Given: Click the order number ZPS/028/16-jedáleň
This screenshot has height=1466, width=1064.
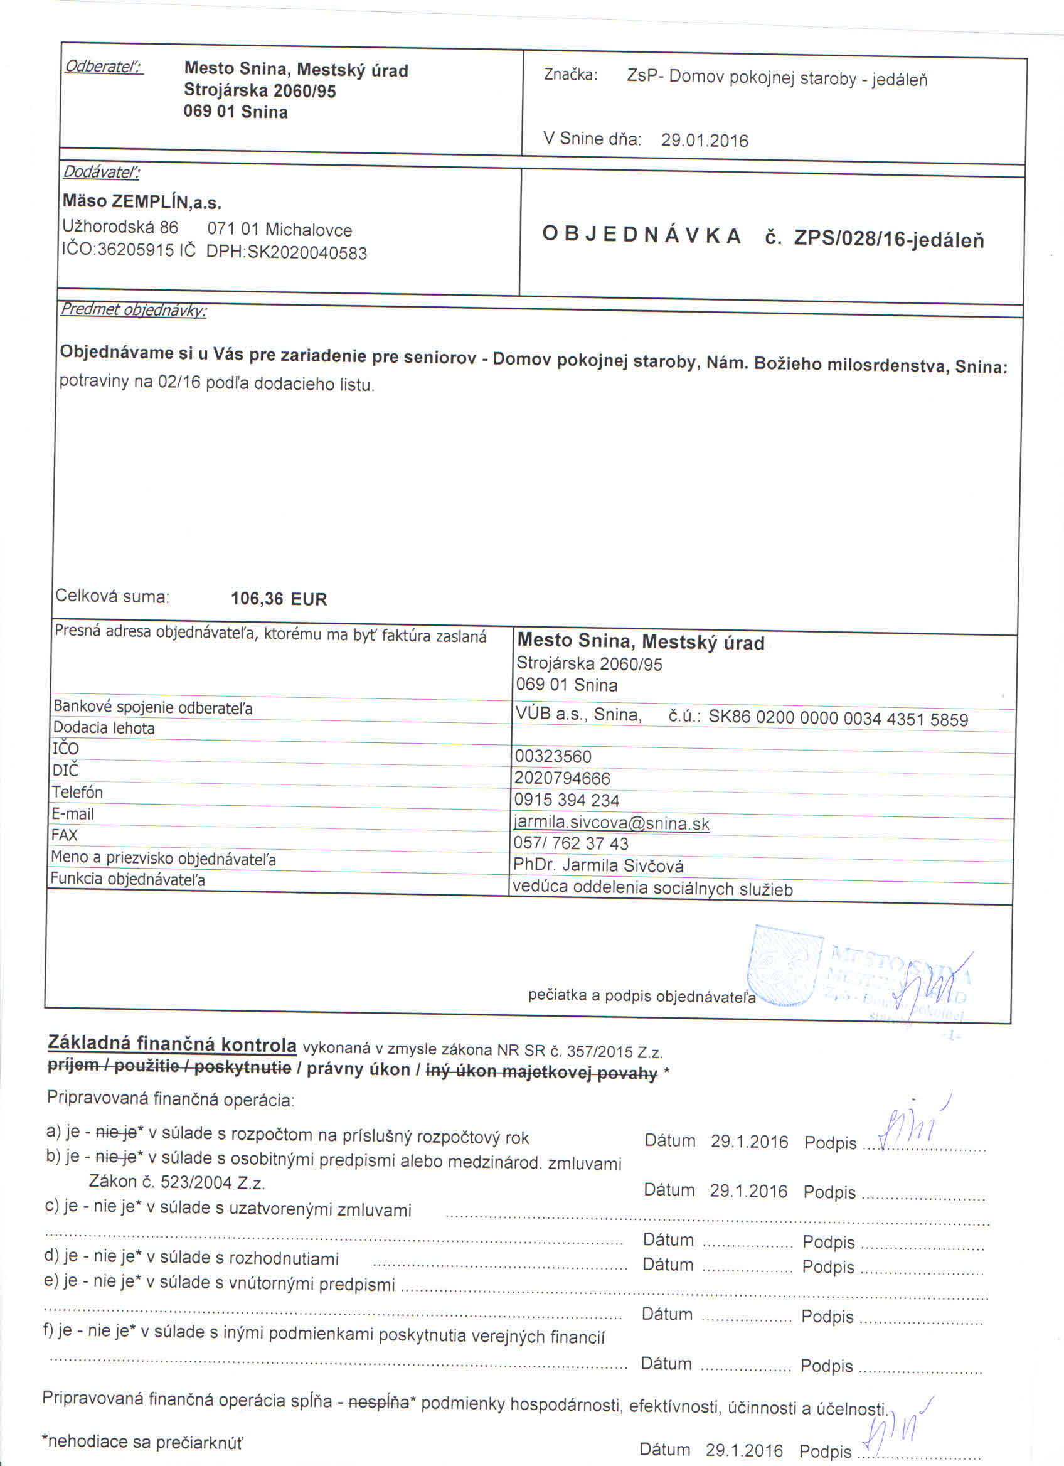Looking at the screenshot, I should pos(888,239).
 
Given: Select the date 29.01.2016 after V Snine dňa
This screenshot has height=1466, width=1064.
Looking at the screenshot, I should pos(704,141).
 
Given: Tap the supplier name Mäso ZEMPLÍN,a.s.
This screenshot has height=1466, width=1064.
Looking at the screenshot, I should pos(142,201).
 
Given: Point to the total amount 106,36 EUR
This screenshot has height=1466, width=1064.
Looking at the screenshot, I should pos(279,599).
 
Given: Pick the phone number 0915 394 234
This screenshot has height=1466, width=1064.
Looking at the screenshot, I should pos(567,800).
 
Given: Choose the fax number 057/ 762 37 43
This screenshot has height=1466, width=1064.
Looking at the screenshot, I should pos(570,843).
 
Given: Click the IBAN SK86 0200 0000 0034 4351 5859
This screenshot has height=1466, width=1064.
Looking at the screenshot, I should pos(838,719).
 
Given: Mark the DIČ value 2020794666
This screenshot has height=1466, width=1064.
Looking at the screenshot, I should pos(562,778).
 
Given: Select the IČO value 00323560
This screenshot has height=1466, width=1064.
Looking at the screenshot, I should pos(553,756).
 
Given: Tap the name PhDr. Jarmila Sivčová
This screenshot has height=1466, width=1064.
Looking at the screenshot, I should pos(598,865).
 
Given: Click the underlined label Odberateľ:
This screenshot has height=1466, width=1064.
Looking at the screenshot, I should pos(104,67).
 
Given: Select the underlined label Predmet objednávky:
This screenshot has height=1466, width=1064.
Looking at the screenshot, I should pos(133,309).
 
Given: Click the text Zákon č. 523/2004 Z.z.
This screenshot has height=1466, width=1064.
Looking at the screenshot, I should pos(177,1182).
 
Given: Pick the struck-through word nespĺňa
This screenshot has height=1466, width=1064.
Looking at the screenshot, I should pos(378,1402).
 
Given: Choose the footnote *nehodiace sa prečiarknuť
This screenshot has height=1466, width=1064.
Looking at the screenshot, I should pos(142,1442).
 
